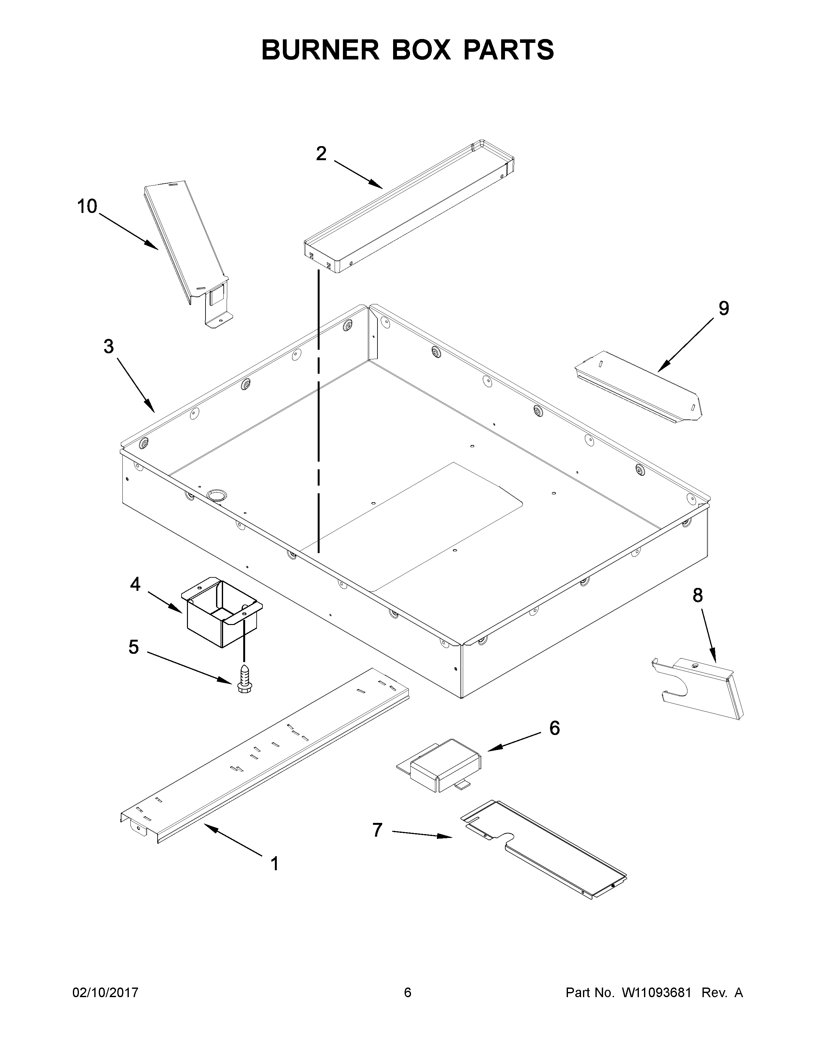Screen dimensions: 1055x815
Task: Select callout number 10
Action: point(87,207)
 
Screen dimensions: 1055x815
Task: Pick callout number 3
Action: point(109,346)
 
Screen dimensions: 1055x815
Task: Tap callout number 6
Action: point(554,728)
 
